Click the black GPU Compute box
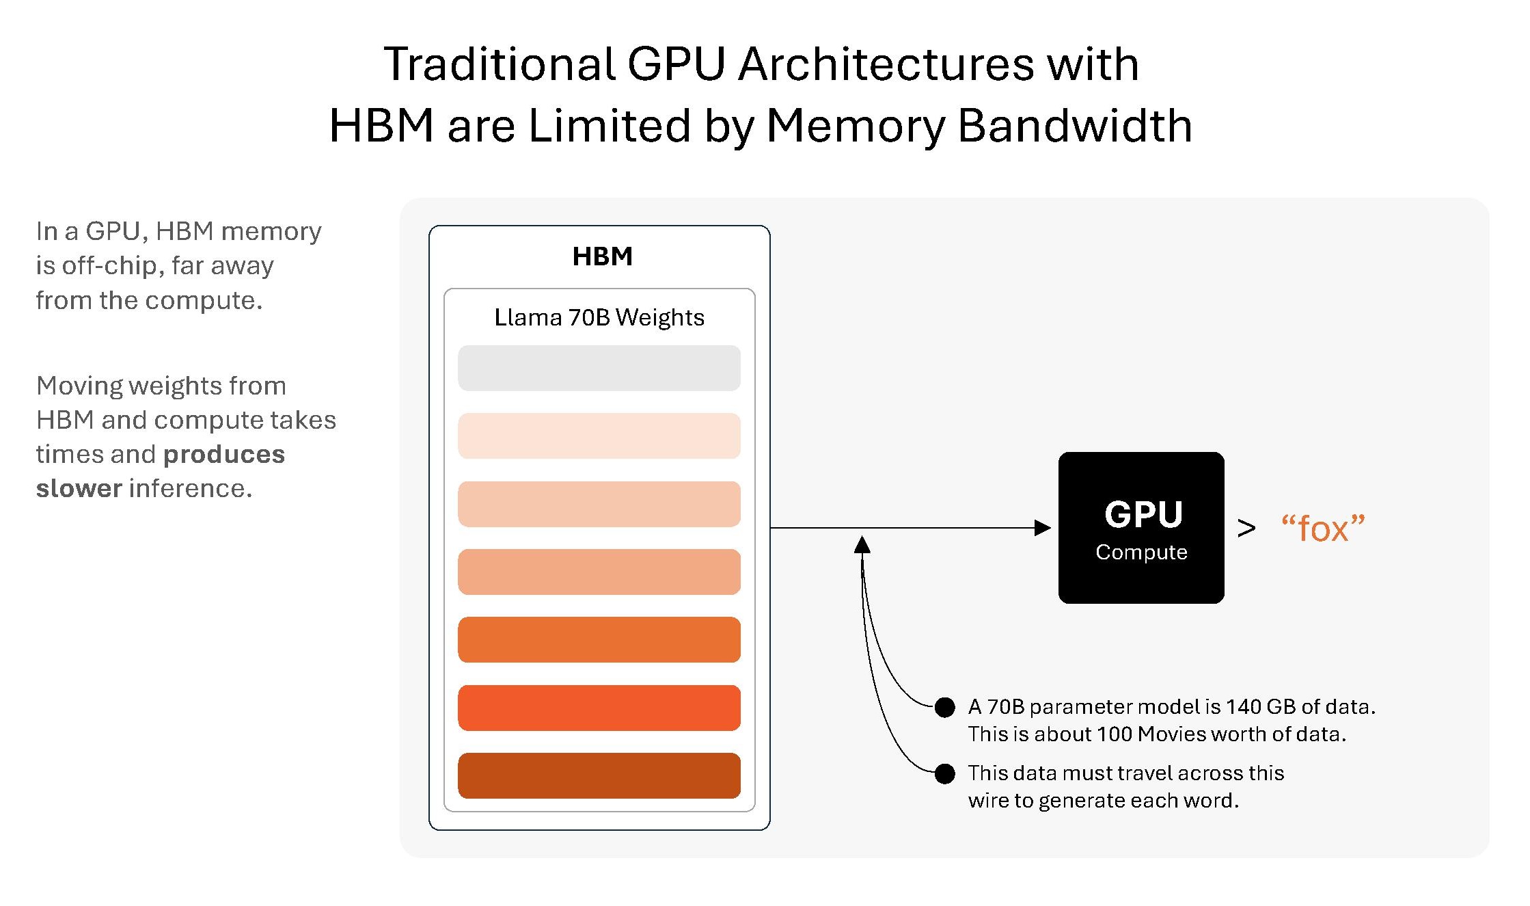(1140, 527)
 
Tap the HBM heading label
(602, 256)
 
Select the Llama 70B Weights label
(599, 317)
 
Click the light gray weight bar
(599, 368)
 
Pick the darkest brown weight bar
(599, 775)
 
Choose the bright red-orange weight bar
(599, 708)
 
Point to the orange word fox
(1322, 529)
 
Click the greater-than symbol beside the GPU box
(1246, 528)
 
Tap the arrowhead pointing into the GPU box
(1043, 528)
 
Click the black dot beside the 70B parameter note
(944, 707)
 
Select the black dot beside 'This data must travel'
(944, 773)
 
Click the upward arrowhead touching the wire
(862, 545)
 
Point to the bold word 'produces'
(224, 455)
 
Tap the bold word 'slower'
(79, 489)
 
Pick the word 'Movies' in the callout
(1173, 734)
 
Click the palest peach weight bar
(599, 436)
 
